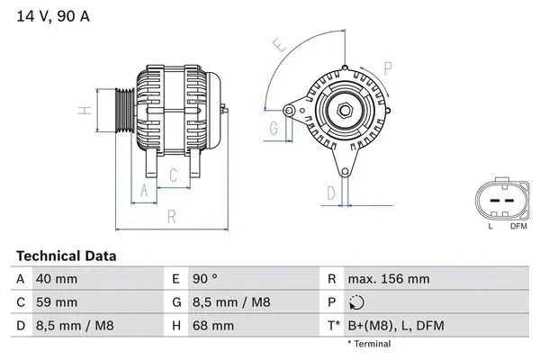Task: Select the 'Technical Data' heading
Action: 65,256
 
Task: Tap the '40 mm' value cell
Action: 56,280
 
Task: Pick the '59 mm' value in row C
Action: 56,302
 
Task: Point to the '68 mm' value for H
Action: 211,325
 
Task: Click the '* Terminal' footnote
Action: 369,344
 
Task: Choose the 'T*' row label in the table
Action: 332,325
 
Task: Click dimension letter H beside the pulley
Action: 82,111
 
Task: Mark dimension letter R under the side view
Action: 170,215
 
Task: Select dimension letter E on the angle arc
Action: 279,44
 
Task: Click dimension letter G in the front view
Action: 273,128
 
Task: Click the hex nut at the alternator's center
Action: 345,110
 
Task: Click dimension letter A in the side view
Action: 143,189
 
